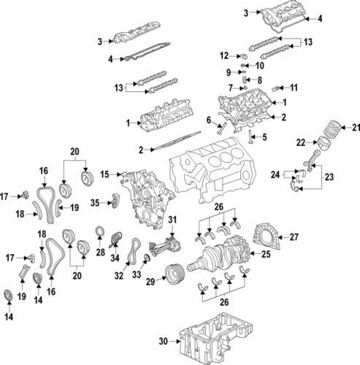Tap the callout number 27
pos(294,237)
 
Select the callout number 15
pos(104,174)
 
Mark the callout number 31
pos(172,220)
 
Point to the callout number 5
pos(265,137)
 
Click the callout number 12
pos(224,55)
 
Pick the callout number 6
pos(208,120)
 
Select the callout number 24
pos(275,174)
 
